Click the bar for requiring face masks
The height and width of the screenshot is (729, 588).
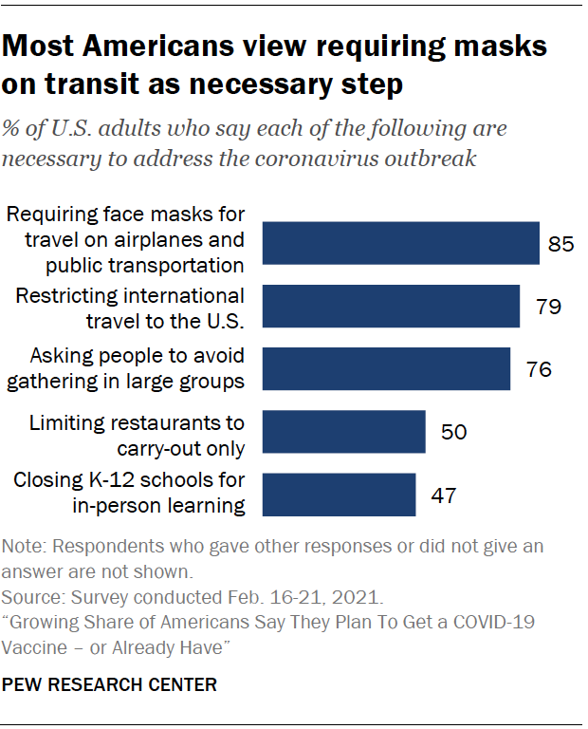point(400,243)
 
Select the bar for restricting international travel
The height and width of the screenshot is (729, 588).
point(391,306)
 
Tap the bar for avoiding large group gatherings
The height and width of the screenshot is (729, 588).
point(386,368)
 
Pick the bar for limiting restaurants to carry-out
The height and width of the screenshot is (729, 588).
point(343,432)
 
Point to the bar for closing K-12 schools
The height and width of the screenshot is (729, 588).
point(339,495)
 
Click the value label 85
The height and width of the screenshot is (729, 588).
point(561,244)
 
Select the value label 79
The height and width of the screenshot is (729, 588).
point(548,307)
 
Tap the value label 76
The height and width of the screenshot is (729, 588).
point(539,369)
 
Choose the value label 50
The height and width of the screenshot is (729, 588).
point(453,433)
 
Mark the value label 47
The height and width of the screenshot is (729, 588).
point(444,495)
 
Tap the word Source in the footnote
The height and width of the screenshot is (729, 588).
point(28,598)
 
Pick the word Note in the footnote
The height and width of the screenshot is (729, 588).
point(21,549)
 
